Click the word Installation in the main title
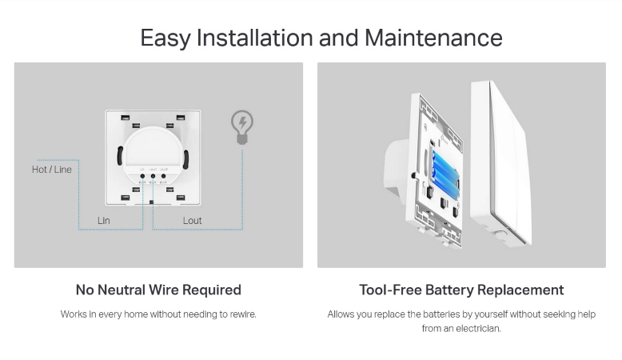(255, 38)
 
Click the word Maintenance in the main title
(433, 38)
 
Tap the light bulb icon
(242, 127)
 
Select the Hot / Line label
(52, 170)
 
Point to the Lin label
(104, 220)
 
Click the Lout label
(192, 220)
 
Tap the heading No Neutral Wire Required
(158, 290)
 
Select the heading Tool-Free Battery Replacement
(461, 290)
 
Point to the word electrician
(477, 329)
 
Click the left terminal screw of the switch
(142, 176)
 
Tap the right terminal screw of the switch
(163, 176)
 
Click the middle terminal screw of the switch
(153, 176)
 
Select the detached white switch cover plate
(500, 162)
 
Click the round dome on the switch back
(154, 149)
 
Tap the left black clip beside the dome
(120, 155)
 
